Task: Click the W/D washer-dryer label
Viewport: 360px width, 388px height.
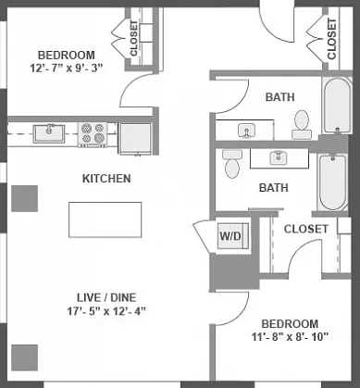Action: (x=234, y=236)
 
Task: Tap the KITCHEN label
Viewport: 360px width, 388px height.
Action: (x=106, y=179)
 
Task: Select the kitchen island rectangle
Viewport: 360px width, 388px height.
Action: (x=106, y=219)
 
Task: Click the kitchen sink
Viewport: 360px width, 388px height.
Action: (x=49, y=133)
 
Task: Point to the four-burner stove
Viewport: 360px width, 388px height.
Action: (x=93, y=134)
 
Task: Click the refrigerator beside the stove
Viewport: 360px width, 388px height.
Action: (x=135, y=139)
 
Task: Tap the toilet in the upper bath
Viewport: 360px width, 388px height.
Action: (x=302, y=125)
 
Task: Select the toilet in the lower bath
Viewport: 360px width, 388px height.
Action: (x=232, y=164)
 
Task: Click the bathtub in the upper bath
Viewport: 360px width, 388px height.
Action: (x=337, y=106)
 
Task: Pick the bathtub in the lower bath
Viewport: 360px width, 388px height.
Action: (x=332, y=183)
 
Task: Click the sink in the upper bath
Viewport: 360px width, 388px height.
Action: (x=246, y=131)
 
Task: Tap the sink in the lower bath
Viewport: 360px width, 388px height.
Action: (x=279, y=157)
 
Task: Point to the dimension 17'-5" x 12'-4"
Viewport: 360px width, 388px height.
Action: (x=106, y=311)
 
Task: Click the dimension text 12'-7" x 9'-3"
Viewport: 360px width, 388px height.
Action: (x=67, y=68)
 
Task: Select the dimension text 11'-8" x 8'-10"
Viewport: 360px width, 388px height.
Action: (x=290, y=337)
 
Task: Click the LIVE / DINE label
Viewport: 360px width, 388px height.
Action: (x=106, y=297)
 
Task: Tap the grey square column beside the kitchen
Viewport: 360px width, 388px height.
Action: (x=25, y=198)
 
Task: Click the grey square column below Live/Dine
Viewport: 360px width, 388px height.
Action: (x=25, y=357)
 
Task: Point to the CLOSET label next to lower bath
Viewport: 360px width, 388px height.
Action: (x=305, y=229)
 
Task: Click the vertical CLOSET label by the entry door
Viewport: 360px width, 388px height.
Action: (x=331, y=39)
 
